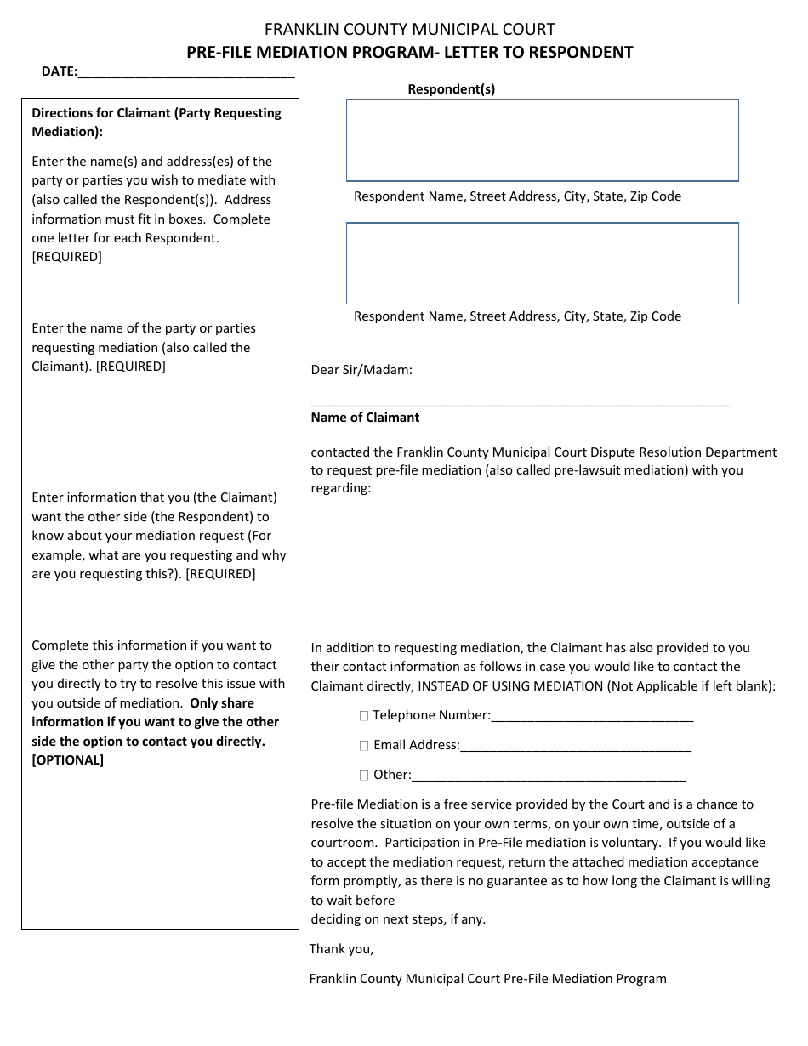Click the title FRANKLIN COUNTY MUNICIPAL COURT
[x=409, y=30]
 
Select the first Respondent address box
[x=542, y=140]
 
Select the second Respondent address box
[x=542, y=263]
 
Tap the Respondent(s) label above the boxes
[x=451, y=89]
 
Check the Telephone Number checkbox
[x=364, y=717]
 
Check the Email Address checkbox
[x=364, y=746]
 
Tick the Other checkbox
[x=364, y=776]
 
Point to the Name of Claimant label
[x=365, y=418]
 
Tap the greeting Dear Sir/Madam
[x=361, y=370]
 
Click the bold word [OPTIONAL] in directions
[x=67, y=760]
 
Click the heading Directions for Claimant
[x=156, y=113]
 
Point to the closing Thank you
[x=341, y=949]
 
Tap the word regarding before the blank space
[x=340, y=489]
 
